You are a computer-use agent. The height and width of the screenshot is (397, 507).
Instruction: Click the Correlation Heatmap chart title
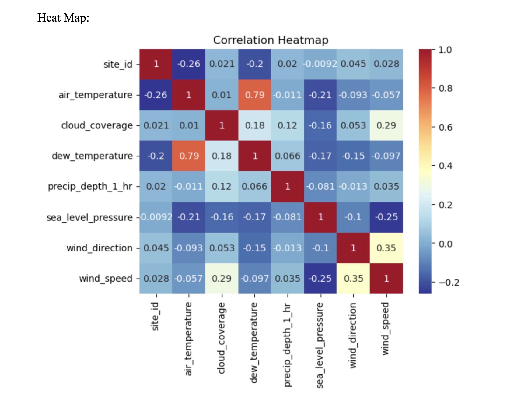[271, 40]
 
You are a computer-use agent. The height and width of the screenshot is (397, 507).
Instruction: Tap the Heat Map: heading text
[63, 18]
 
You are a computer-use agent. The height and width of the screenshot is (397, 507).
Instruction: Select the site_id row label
[118, 64]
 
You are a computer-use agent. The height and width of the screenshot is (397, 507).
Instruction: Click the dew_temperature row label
[92, 156]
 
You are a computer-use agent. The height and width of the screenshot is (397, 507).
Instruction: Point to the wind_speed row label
[106, 279]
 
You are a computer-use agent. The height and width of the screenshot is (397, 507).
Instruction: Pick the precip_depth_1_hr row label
[90, 186]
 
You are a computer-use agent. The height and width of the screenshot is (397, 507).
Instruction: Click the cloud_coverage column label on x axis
[222, 338]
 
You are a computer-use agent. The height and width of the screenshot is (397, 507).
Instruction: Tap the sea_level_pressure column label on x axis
[320, 345]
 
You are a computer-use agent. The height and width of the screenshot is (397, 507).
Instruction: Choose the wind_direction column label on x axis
[353, 335]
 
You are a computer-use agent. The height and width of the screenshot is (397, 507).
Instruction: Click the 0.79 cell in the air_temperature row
[255, 95]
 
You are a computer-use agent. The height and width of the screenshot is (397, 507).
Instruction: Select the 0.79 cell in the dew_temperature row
[189, 156]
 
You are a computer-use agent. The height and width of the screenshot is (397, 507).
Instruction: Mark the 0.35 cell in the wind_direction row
[386, 248]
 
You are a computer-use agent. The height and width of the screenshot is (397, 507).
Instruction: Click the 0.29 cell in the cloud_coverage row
[386, 125]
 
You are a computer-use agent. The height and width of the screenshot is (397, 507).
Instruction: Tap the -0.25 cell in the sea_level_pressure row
[386, 217]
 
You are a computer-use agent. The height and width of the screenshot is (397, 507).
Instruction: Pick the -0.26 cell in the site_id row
[189, 64]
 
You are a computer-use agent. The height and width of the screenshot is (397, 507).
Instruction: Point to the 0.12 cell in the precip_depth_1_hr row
[222, 186]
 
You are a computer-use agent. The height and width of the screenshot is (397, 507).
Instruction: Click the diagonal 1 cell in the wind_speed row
[386, 279]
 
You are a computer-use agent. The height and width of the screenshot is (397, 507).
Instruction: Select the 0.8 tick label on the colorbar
[446, 88]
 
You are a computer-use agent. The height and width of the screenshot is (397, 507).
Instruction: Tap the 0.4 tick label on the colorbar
[446, 166]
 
